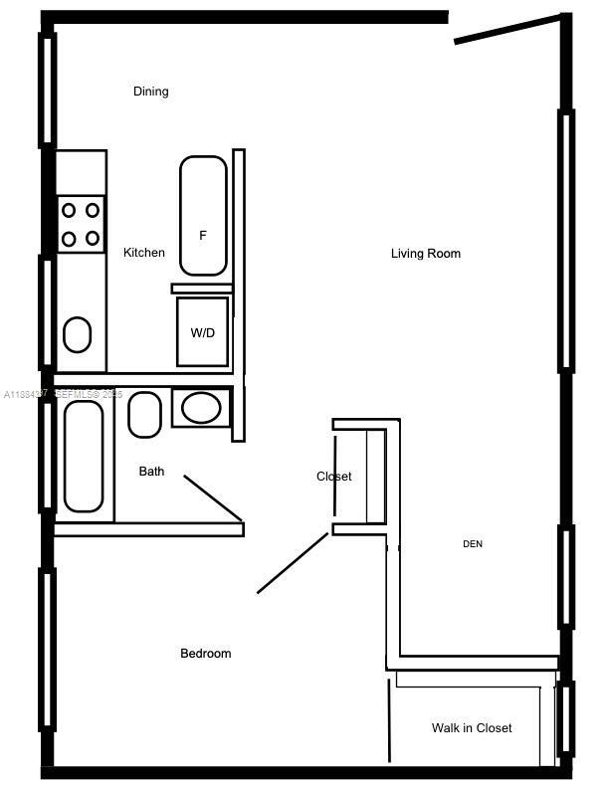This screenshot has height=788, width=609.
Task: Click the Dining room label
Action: (x=151, y=92)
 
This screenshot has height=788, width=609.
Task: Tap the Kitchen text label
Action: (x=144, y=253)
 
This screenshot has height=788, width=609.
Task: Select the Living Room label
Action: (x=425, y=254)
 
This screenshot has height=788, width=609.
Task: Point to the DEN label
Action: (x=473, y=544)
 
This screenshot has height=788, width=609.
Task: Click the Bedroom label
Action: (x=205, y=654)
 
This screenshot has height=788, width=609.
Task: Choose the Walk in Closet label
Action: (x=472, y=728)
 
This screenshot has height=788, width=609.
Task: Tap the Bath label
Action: (x=151, y=472)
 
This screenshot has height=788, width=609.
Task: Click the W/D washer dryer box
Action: (x=203, y=332)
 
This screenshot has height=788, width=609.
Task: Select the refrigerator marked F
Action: (x=203, y=216)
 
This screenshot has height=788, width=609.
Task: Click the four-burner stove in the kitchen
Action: (x=81, y=225)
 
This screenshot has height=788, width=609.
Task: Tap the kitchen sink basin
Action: (x=78, y=335)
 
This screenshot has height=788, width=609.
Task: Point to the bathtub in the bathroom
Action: (x=84, y=456)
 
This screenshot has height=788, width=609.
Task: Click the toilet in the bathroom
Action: (x=145, y=414)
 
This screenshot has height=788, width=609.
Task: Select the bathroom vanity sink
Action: (x=202, y=408)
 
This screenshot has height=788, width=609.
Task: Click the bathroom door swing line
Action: (x=213, y=497)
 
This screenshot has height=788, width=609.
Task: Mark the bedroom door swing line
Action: (x=293, y=563)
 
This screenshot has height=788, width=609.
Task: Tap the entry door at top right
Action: (x=507, y=29)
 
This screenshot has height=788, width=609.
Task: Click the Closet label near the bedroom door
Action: (x=333, y=477)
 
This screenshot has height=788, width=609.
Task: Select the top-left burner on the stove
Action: (x=70, y=210)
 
